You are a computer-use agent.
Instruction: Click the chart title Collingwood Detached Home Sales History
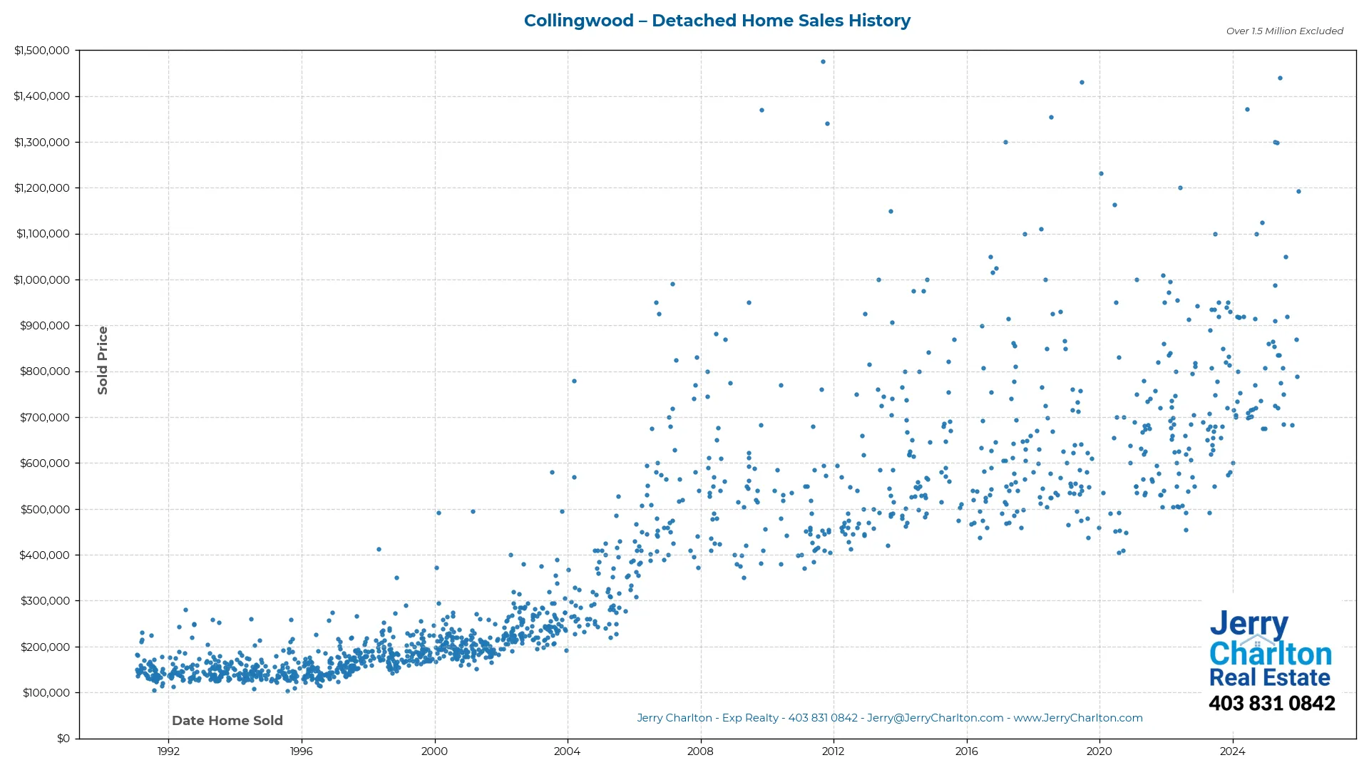[x=717, y=21]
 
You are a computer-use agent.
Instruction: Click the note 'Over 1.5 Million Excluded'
[x=1284, y=31]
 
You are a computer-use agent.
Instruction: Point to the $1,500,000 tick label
[x=41, y=51]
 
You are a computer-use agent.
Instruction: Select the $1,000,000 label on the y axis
[x=41, y=280]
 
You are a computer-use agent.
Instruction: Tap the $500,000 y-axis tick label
[x=44, y=510]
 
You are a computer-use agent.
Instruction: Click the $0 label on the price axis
[x=63, y=739]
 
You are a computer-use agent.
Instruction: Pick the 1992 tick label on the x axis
[x=168, y=751]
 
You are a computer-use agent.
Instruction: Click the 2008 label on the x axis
[x=700, y=751]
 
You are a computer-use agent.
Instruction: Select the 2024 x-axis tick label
[x=1232, y=751]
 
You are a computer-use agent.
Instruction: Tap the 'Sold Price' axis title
[x=103, y=360]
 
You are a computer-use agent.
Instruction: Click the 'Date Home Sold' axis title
[x=227, y=721]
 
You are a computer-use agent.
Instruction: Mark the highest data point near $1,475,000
[x=823, y=62]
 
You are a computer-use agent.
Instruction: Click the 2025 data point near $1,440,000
[x=1280, y=78]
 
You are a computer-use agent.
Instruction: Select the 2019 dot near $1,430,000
[x=1082, y=83]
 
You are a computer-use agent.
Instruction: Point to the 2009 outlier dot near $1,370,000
[x=762, y=111]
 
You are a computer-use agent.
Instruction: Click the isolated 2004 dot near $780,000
[x=574, y=381]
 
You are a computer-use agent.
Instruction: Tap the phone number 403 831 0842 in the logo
[x=1271, y=704]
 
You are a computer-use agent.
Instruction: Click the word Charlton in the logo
[x=1270, y=654]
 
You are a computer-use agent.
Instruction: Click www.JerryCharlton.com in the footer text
[x=1078, y=718]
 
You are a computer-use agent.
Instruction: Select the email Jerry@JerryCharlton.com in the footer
[x=935, y=718]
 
